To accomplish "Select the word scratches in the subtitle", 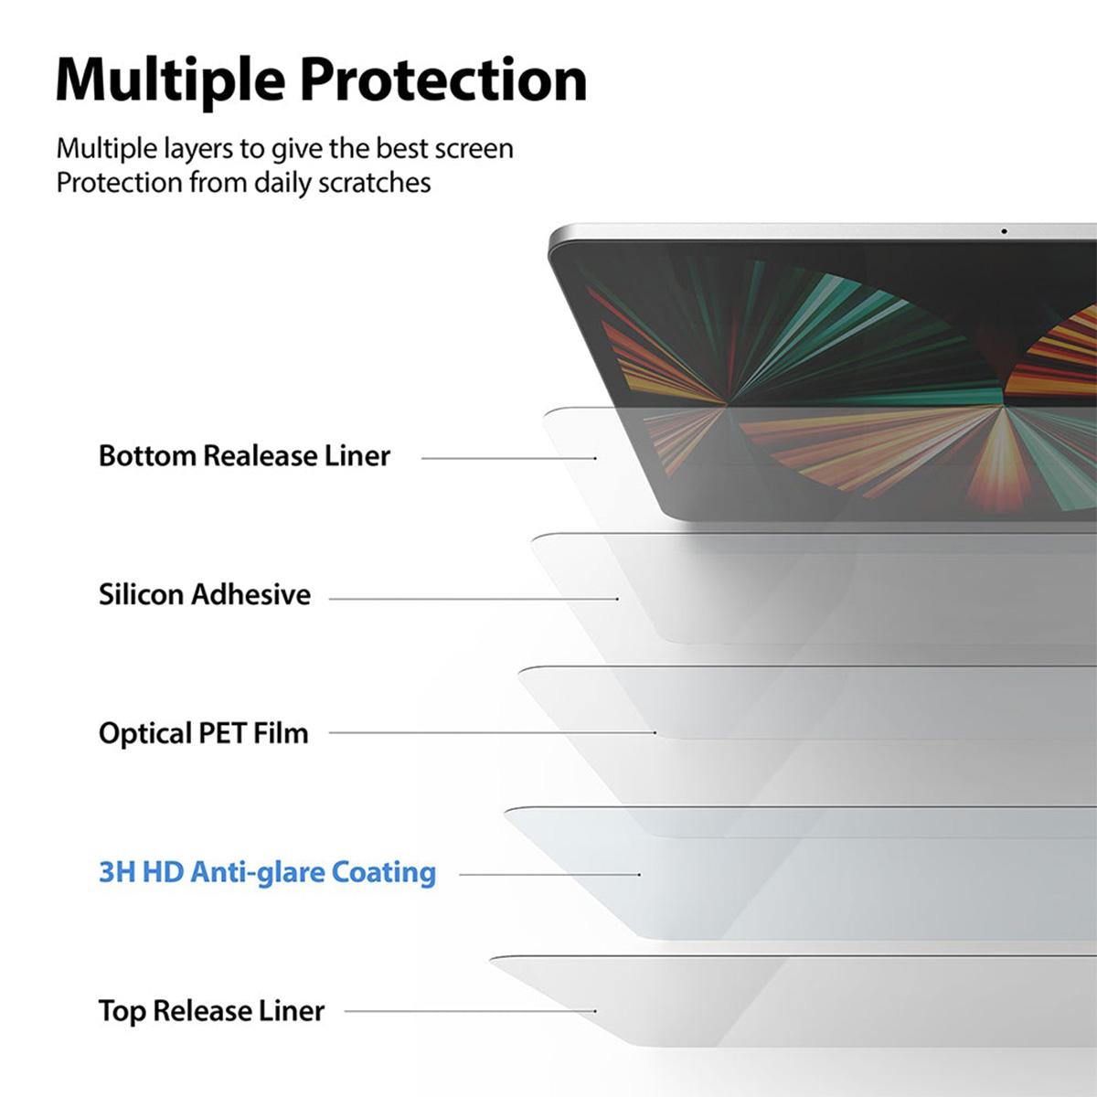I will (x=374, y=183).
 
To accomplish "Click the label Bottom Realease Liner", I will (x=244, y=455).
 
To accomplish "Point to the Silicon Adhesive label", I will (x=205, y=594).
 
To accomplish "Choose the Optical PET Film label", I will (x=203, y=733).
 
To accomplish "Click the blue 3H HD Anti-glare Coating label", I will (x=267, y=872).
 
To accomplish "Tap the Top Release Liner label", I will (x=211, y=1011).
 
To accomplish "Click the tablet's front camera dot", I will (x=1004, y=231).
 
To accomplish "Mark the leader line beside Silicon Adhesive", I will (x=474, y=599).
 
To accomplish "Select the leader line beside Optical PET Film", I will (x=492, y=732).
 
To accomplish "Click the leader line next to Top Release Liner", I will (x=470, y=1011).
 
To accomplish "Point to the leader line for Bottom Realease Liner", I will (x=508, y=458).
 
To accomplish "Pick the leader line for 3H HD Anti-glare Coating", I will (x=548, y=875).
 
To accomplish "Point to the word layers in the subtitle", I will (x=190, y=149).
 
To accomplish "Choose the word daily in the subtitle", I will (x=282, y=183).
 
